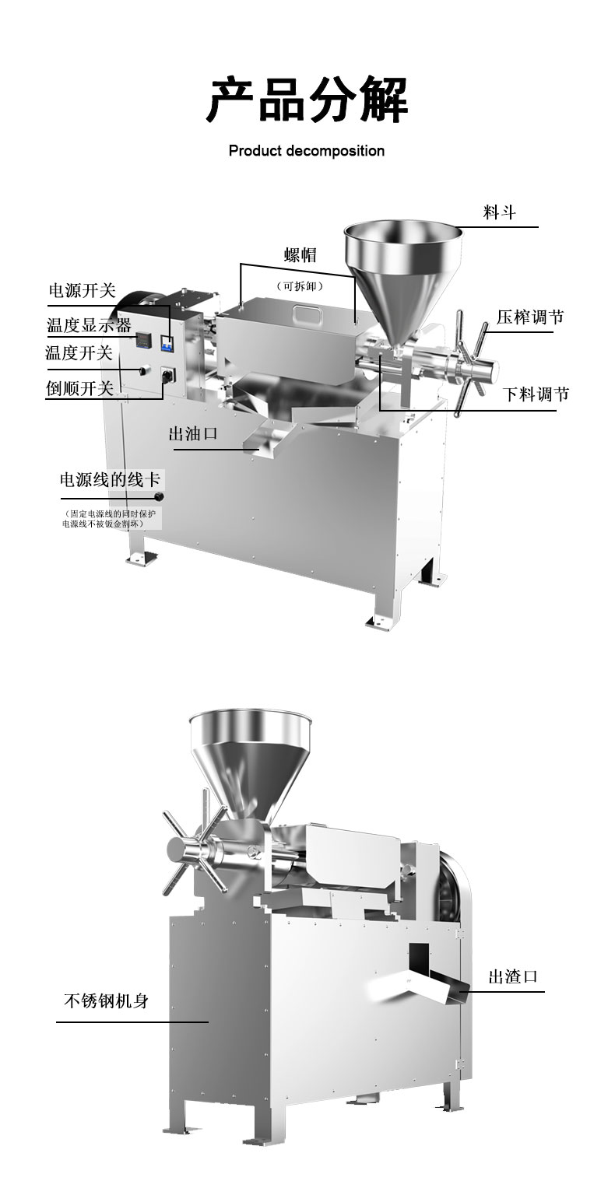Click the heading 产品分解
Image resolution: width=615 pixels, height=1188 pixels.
pos(307,100)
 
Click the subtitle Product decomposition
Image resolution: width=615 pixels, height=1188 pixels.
pos(307,151)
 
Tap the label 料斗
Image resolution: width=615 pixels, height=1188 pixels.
pos(499,212)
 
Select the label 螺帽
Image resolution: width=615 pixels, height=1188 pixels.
pos(300,255)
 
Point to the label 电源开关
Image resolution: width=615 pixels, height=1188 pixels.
pos(83,291)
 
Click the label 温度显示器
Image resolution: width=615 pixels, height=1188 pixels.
pos(89,325)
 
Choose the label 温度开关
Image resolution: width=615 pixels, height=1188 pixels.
pos(79,352)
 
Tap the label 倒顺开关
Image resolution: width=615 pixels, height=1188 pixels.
pos(79,389)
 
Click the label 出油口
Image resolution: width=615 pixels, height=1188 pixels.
pos(193,434)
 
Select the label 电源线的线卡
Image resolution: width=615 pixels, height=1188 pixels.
pos(110,480)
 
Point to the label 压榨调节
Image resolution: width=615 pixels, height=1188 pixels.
pos(530,317)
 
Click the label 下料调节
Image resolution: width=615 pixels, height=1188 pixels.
pos(536,394)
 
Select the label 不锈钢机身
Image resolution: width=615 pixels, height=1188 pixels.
pos(106,1001)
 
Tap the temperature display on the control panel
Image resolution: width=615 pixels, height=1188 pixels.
pos(144,339)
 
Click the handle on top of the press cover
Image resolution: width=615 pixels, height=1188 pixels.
pos(307,314)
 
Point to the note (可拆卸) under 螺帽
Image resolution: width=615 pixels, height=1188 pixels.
pos(300,286)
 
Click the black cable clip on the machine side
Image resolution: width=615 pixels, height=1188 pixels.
pos(157,496)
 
